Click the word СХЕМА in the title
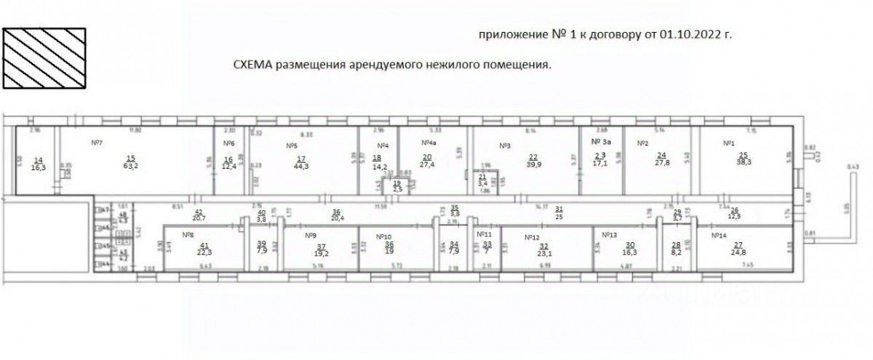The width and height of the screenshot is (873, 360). (x=252, y=65)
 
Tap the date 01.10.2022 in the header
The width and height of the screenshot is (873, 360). (x=684, y=35)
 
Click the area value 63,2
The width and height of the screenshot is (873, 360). (x=131, y=166)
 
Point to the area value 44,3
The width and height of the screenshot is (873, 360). (x=301, y=166)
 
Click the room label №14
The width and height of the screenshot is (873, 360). (x=719, y=236)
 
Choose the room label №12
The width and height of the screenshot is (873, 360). (x=532, y=237)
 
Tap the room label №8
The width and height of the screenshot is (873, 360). (x=187, y=234)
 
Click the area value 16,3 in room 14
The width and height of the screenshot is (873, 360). (x=39, y=167)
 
